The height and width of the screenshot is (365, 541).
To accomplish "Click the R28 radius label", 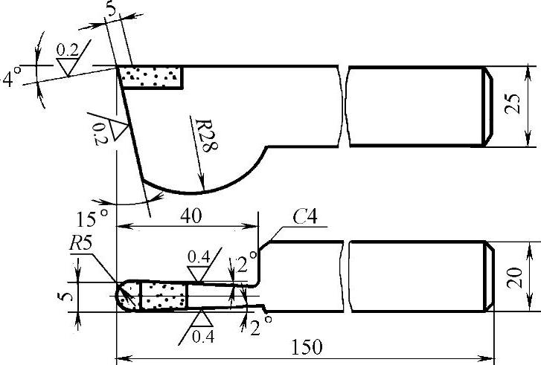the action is pos(206,135).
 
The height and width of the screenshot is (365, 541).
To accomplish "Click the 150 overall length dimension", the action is pos(307,347).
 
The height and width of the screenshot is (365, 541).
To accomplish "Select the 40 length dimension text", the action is pos(191,216).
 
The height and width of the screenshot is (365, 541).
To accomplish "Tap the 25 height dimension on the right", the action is pos(513,104).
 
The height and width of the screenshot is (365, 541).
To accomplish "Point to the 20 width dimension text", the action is pos(514,278).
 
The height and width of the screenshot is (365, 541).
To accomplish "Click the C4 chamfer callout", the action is pos(304,217).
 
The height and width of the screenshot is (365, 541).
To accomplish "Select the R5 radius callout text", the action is pos(80,245).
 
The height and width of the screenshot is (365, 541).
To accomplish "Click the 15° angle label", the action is pos(92,219).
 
